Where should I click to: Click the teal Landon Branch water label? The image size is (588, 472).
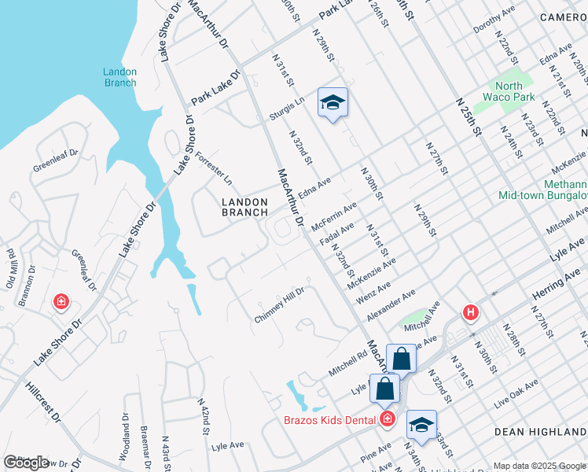point(119,77)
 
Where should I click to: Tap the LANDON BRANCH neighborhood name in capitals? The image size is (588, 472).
point(244,207)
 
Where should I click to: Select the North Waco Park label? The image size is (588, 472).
point(515,92)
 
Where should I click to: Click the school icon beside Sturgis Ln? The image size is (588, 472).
point(333,102)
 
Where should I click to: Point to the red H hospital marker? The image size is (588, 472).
point(471,313)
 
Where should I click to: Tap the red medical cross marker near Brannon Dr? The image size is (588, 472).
point(61,302)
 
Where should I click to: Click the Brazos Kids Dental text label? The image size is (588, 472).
point(329,420)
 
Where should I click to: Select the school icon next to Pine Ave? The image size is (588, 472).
point(421,425)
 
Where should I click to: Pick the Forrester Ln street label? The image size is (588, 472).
point(214,166)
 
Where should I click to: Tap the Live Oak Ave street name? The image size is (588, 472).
point(516,393)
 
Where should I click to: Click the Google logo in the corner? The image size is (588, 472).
point(27,463)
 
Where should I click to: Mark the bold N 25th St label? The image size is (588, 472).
point(469,118)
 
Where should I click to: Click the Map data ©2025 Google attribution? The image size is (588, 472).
point(538,466)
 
